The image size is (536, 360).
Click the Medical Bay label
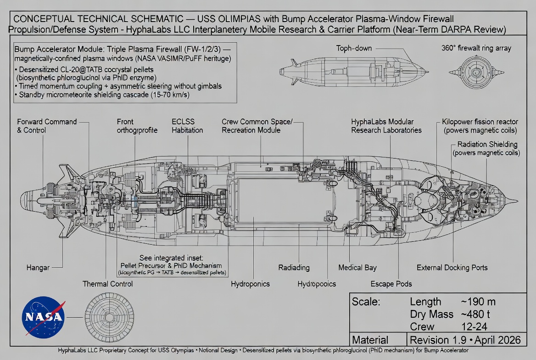pos(357,267)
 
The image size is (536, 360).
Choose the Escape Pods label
pos(391,284)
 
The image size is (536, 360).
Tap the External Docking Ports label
pos(452,267)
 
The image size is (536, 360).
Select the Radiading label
pos(294,267)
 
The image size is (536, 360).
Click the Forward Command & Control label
pos(47,126)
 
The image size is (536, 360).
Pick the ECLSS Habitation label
pos(187,126)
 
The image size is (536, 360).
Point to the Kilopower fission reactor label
pos(480,126)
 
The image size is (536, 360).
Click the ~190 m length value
pos(478,302)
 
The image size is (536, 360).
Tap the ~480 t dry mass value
pos(477,314)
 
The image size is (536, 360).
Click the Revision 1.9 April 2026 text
pos(465,340)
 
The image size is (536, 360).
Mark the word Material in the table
pos(370,340)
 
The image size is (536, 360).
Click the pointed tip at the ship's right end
pos(516,201)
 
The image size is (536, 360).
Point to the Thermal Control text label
pos(107,284)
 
